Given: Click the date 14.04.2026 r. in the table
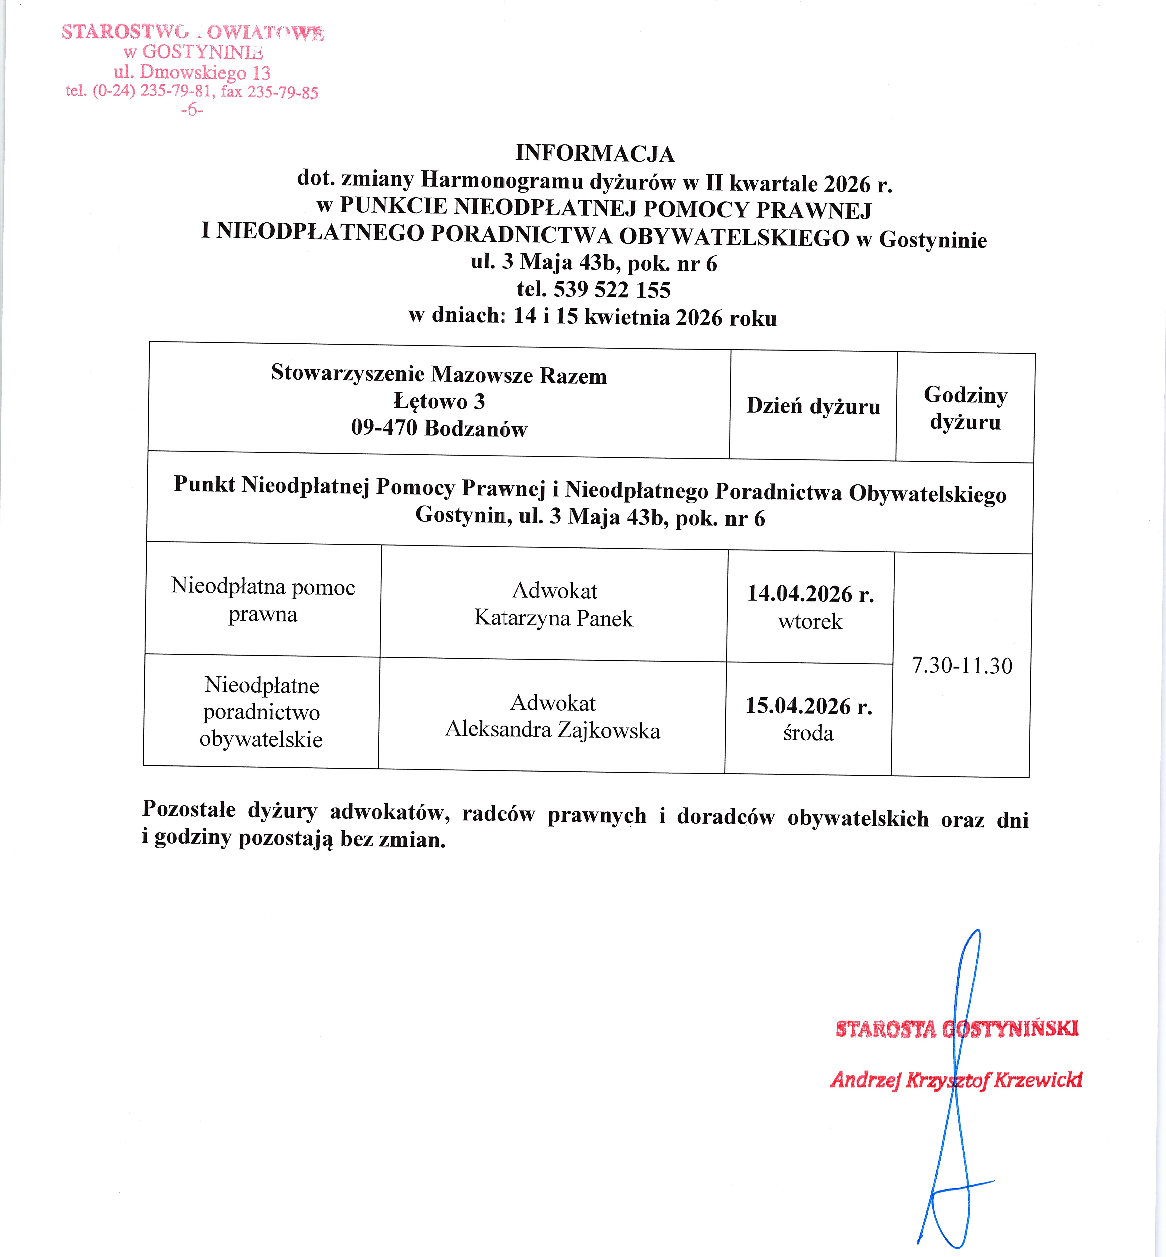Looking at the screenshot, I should pyautogui.click(x=810, y=594).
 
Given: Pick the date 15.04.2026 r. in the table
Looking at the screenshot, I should pyautogui.click(x=809, y=706).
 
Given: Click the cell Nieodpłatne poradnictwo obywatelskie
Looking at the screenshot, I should pyautogui.click(x=261, y=712).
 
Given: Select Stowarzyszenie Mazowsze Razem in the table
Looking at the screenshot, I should pyautogui.click(x=439, y=374).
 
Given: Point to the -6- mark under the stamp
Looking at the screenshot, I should pyautogui.click(x=192, y=110).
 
